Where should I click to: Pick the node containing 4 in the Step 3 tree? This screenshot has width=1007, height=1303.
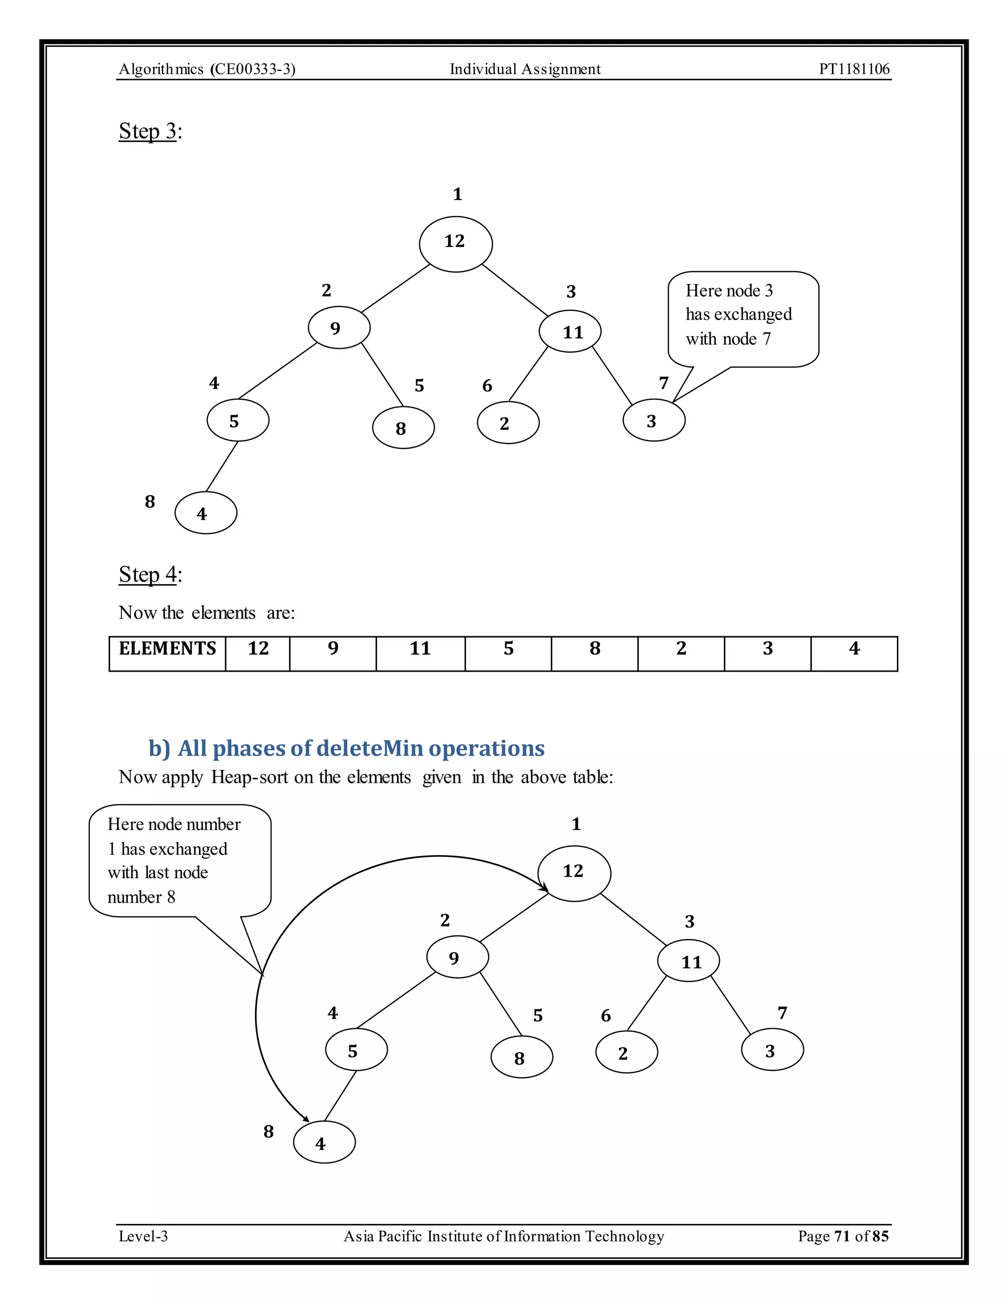click(205, 512)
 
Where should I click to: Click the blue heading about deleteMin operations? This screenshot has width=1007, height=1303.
click(346, 748)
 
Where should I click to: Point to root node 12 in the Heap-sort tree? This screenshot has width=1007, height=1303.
click(574, 873)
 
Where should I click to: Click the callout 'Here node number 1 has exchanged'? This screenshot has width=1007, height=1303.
click(179, 860)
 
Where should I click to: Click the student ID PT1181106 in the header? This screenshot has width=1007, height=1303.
click(854, 69)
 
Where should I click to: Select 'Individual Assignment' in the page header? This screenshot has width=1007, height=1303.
click(525, 69)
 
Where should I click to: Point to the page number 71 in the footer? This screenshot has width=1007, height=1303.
click(842, 1236)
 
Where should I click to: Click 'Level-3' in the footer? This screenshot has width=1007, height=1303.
click(143, 1236)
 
